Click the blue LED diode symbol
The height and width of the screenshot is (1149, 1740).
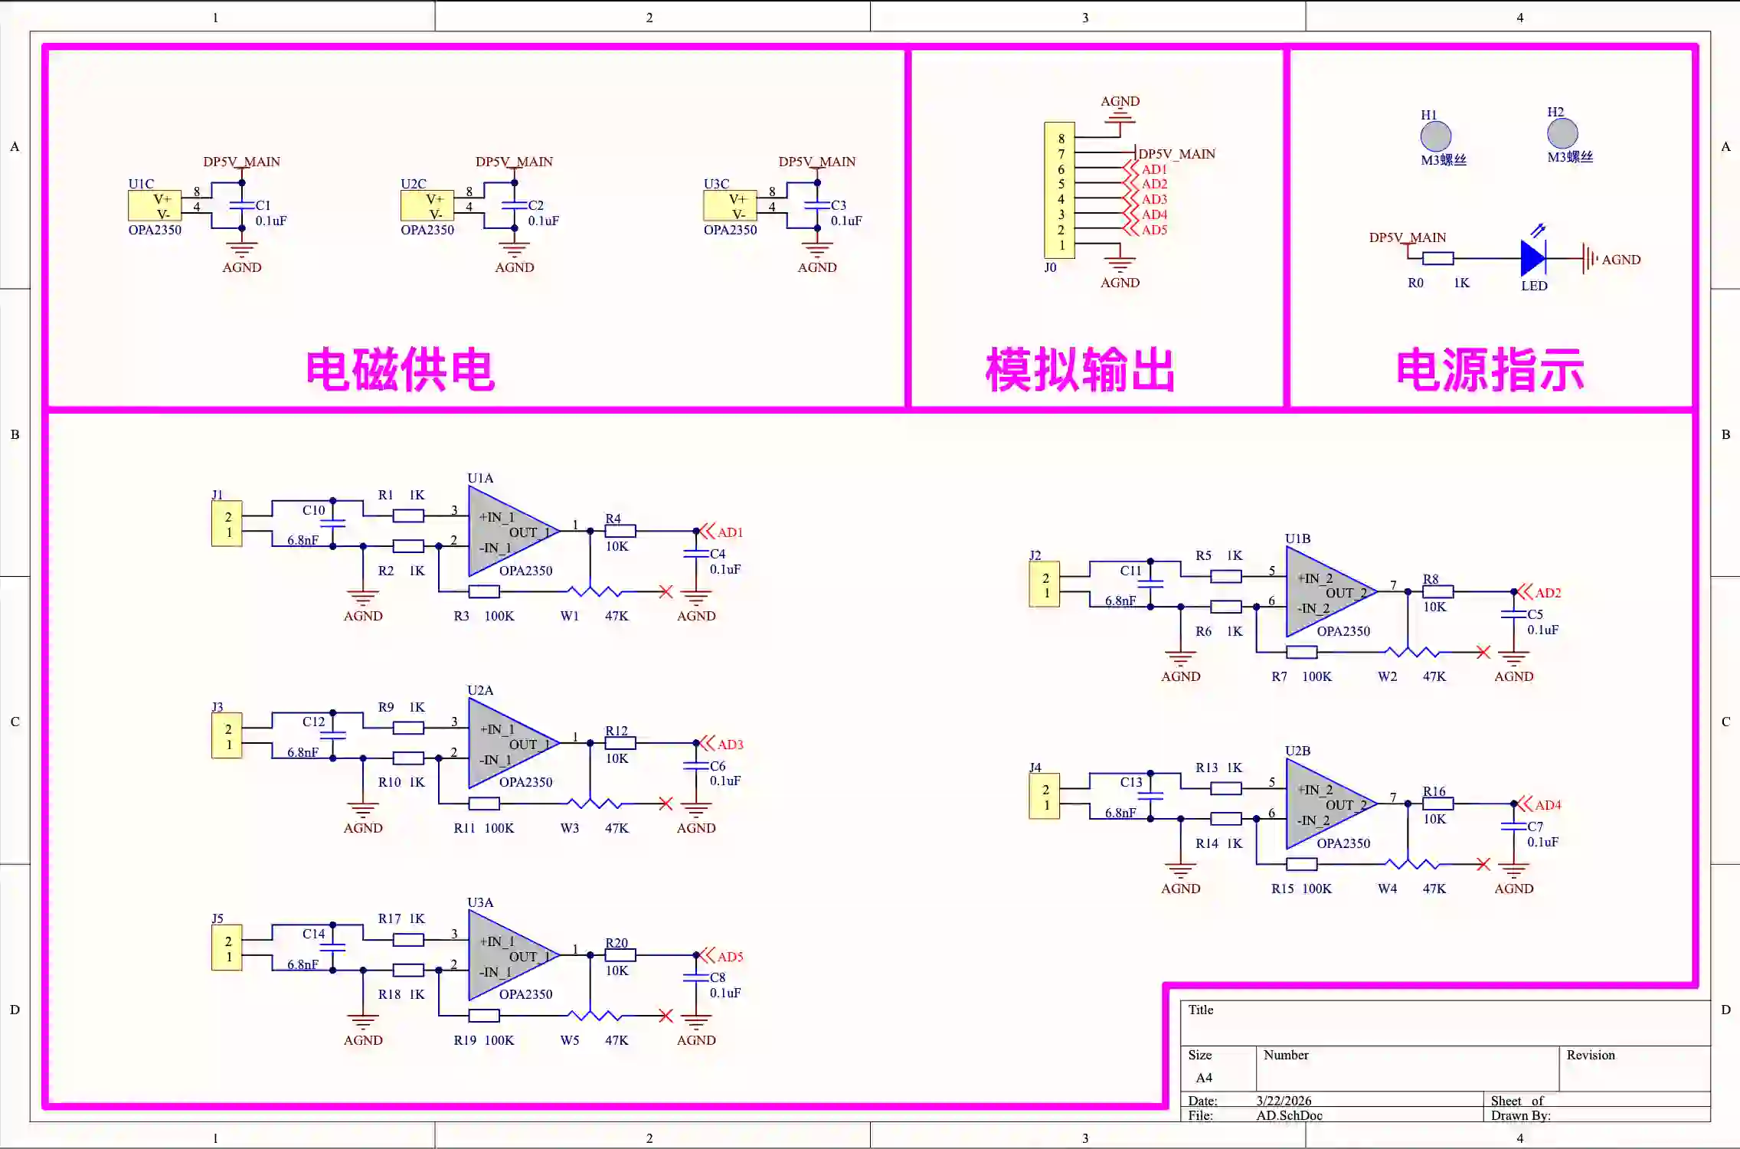point(1532,258)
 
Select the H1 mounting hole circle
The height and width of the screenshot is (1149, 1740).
point(1435,137)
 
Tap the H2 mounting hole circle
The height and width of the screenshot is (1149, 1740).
point(1562,134)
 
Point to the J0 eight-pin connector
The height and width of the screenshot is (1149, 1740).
point(1059,191)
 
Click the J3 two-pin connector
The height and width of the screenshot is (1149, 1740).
point(227,736)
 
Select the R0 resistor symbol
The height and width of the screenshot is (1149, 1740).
point(1437,259)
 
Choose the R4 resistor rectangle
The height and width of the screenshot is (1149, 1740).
point(620,531)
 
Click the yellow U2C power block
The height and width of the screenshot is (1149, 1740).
point(427,206)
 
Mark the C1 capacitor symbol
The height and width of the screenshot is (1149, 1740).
point(242,205)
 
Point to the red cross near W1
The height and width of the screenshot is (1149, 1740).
point(666,592)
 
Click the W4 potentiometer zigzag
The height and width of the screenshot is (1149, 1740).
point(1414,864)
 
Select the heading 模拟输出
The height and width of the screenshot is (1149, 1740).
point(1080,370)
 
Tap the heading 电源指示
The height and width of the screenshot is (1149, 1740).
point(1490,370)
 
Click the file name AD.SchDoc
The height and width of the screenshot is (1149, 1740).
point(1289,1115)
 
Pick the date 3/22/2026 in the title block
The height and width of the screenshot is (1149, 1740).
point(1284,1101)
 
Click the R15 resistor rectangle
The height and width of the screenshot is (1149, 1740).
point(1301,865)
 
